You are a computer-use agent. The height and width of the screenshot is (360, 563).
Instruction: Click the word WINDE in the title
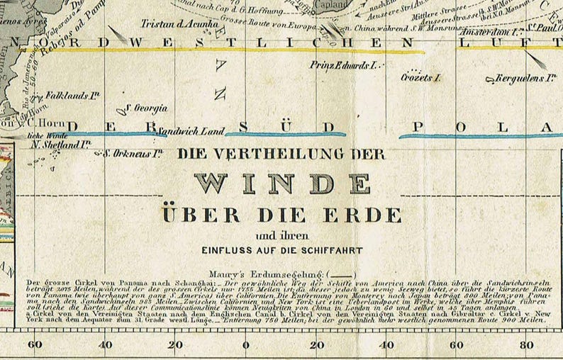point(282,184)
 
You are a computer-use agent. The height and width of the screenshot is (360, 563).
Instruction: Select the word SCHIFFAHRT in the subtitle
point(330,249)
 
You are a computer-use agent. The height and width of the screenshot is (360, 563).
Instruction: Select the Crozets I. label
point(421,76)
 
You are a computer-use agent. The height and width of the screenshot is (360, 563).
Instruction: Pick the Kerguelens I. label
point(522,77)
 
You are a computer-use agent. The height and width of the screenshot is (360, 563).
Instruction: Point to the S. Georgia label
point(146,108)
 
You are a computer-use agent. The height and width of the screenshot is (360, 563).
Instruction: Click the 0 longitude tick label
point(245,346)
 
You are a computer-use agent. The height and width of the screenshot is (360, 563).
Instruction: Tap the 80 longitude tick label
point(526,346)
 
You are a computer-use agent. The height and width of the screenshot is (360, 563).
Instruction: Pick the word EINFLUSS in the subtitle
point(228,249)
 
